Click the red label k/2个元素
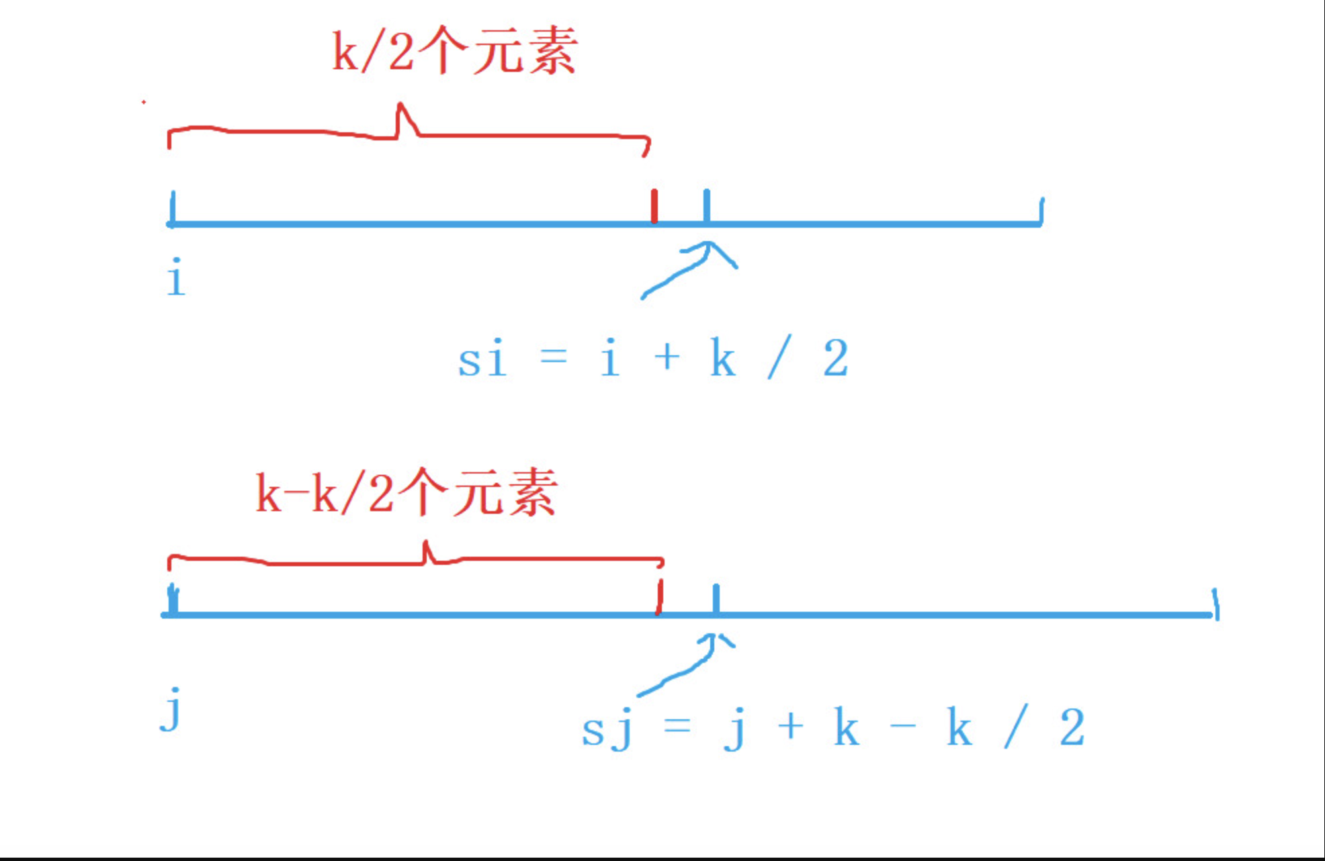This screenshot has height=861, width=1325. (455, 51)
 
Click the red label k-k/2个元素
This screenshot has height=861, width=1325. (407, 494)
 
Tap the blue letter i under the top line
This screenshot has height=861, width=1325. (176, 277)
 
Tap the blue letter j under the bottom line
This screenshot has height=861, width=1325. (172, 709)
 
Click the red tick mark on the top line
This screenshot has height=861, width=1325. (654, 206)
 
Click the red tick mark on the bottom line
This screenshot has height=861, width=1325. (660, 596)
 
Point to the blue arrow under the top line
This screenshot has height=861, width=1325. (689, 269)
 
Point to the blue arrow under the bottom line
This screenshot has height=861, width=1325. (685, 665)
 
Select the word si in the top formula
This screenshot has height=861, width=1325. (482, 359)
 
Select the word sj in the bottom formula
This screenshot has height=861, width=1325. (607, 731)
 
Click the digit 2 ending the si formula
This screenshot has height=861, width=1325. (836, 359)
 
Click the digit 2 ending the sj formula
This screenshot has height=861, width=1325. (1072, 727)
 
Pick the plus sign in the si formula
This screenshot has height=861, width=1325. (667, 357)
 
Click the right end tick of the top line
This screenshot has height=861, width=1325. (1041, 211)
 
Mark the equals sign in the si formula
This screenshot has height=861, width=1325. (554, 356)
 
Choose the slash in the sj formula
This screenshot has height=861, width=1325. (1015, 727)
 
